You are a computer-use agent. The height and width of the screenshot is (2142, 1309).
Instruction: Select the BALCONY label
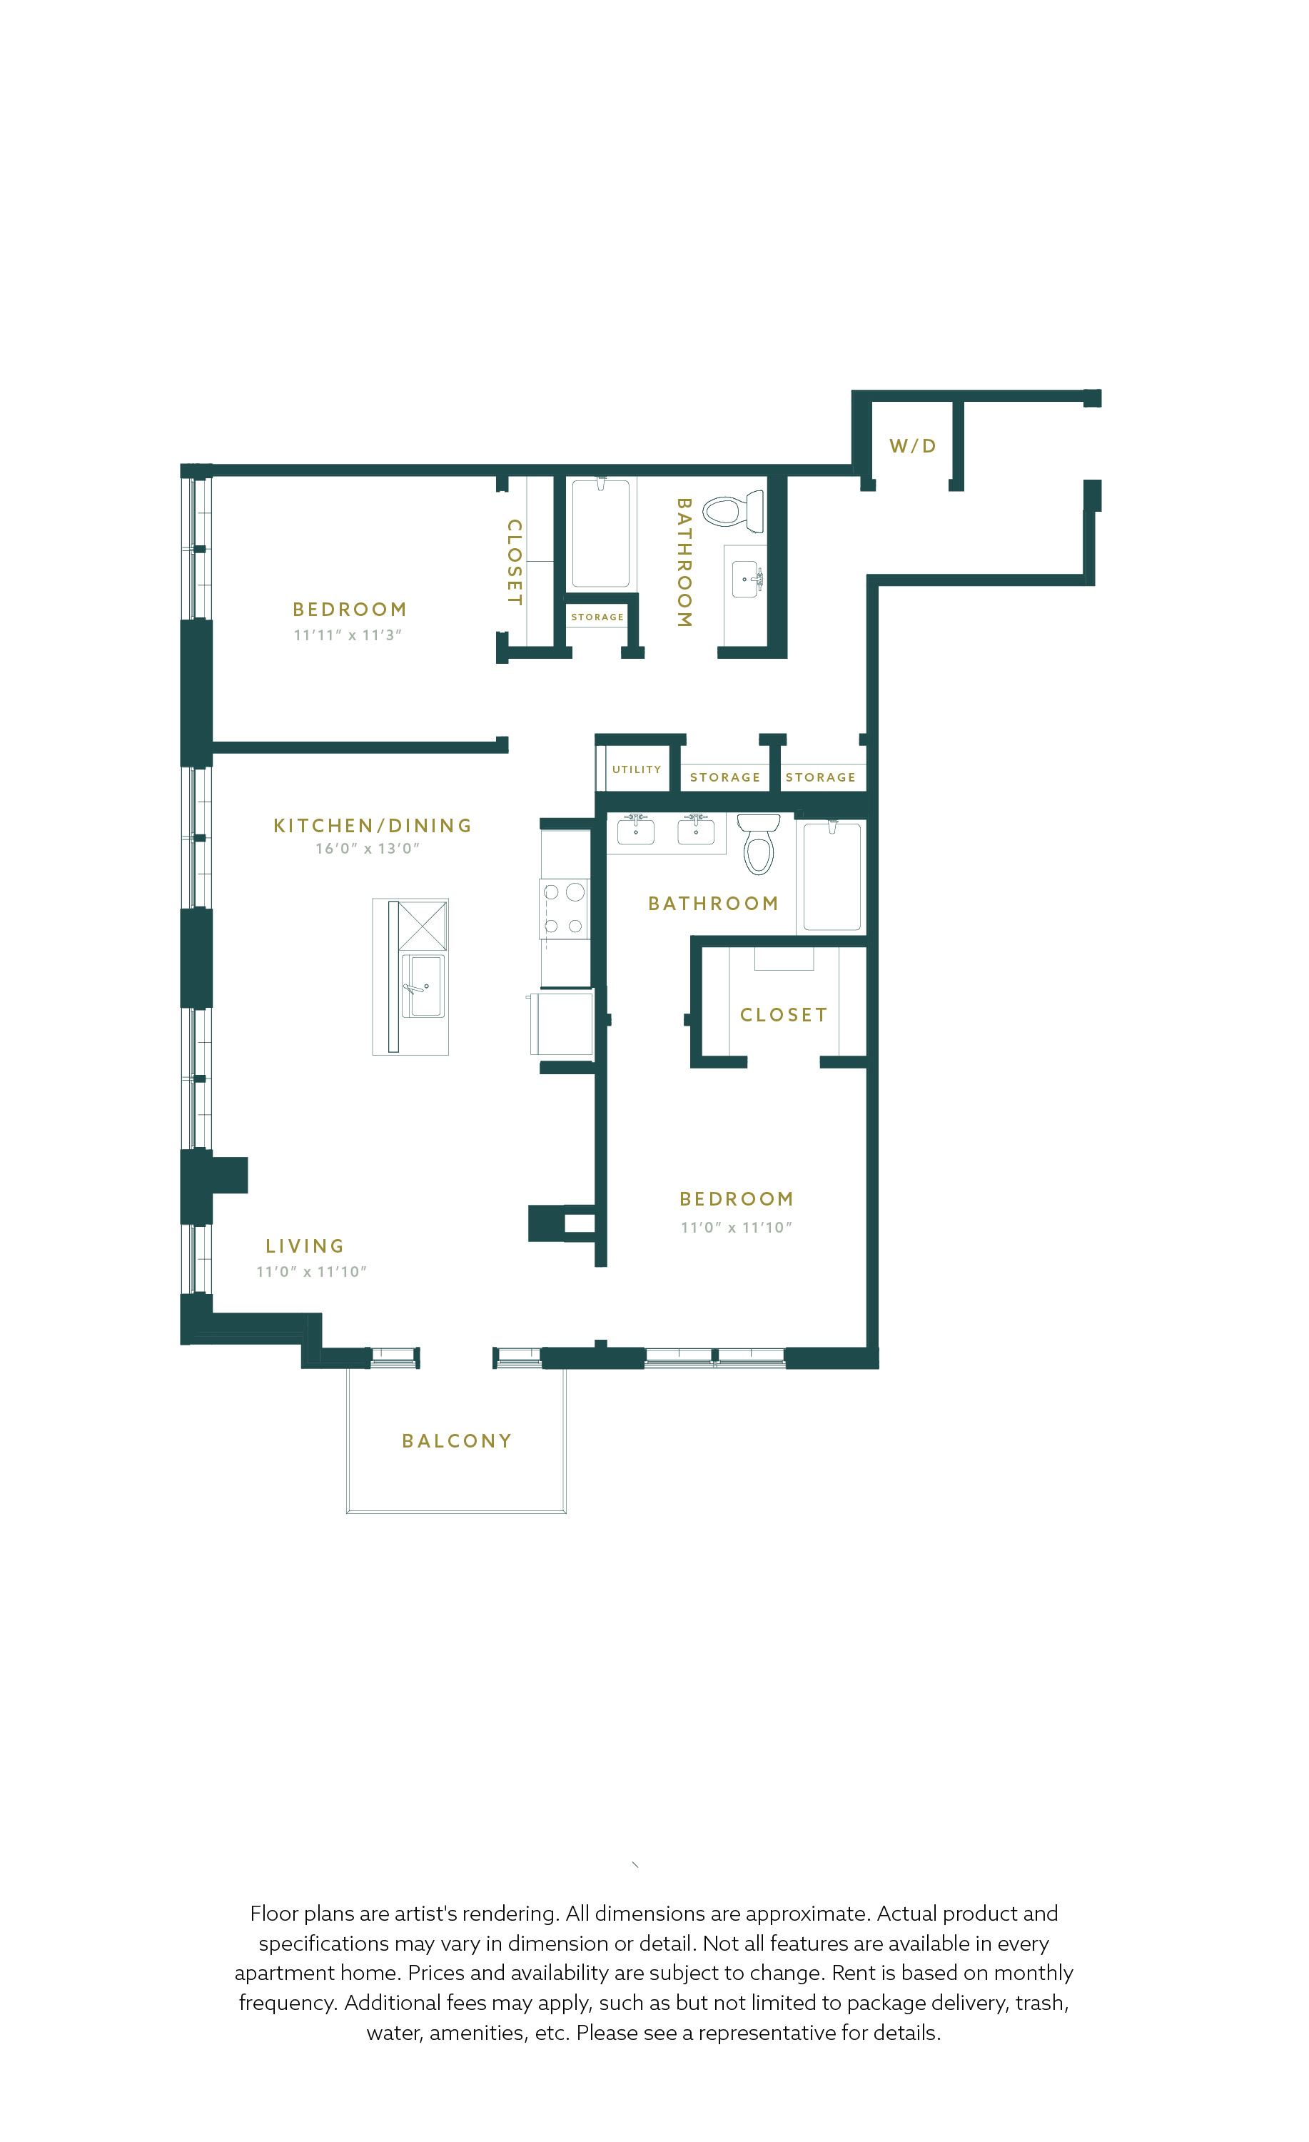pos(456,1440)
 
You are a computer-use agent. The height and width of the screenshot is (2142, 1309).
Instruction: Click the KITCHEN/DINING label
pos(372,825)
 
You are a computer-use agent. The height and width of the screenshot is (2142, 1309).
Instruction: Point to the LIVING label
pos(305,1246)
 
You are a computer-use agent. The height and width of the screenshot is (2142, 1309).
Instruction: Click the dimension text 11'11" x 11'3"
pos(348,635)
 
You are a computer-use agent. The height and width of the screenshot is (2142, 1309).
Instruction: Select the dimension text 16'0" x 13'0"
pos(367,847)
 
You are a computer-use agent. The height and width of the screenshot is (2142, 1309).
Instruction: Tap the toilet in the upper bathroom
pos(733,511)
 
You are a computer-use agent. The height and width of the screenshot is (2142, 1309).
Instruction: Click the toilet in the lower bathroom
pos(759,843)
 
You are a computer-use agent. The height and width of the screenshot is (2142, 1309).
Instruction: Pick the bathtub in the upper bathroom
pos(600,533)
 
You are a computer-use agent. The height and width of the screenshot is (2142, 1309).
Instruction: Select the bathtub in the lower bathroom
pos(832,875)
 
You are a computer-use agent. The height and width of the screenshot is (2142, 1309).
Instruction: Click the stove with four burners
pos(564,909)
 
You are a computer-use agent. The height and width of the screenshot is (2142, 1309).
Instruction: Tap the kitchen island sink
pos(423,986)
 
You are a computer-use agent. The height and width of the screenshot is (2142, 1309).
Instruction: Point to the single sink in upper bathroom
pos(746,579)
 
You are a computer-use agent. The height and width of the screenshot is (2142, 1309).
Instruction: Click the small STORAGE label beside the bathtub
pos(597,617)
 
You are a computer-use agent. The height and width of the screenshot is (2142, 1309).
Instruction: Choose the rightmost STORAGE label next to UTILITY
pos(821,777)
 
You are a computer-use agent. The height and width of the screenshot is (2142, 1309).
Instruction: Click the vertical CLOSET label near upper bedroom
pos(515,562)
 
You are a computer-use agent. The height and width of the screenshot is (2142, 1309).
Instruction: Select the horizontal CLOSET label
pos(784,1014)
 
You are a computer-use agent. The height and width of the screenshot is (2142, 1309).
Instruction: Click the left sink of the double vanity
pos(635,830)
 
